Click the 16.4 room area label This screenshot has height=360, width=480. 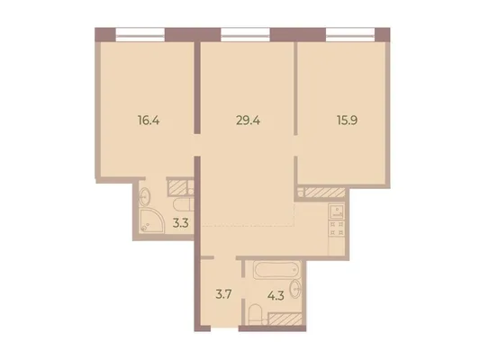pyautogui.click(x=149, y=121)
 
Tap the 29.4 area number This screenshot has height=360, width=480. pyautogui.click(x=248, y=121)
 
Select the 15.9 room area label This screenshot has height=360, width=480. pyautogui.click(x=347, y=121)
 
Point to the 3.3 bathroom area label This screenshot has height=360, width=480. pyautogui.click(x=180, y=223)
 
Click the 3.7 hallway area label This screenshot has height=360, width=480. pyautogui.click(x=223, y=295)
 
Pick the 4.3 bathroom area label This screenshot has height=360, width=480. pyautogui.click(x=276, y=295)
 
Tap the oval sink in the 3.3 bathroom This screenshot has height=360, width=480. pyautogui.click(x=144, y=197)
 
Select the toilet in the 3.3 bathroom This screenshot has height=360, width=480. pyautogui.click(x=184, y=204)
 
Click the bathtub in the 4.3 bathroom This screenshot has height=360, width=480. pyautogui.click(x=276, y=269)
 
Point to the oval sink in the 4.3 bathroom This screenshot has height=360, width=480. pyautogui.click(x=295, y=288)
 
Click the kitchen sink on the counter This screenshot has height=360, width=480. pyautogui.click(x=337, y=211)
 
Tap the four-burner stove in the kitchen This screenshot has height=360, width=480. pyautogui.click(x=337, y=229)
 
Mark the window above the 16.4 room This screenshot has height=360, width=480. pyautogui.click(x=140, y=34)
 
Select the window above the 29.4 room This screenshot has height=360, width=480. pyautogui.click(x=246, y=34)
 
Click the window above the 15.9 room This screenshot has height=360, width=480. pyautogui.click(x=350, y=34)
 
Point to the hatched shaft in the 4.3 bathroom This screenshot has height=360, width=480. pyautogui.click(x=285, y=319)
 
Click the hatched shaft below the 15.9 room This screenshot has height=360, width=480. pyautogui.click(x=325, y=193)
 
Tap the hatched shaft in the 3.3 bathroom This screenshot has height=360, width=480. pyautogui.click(x=177, y=187)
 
